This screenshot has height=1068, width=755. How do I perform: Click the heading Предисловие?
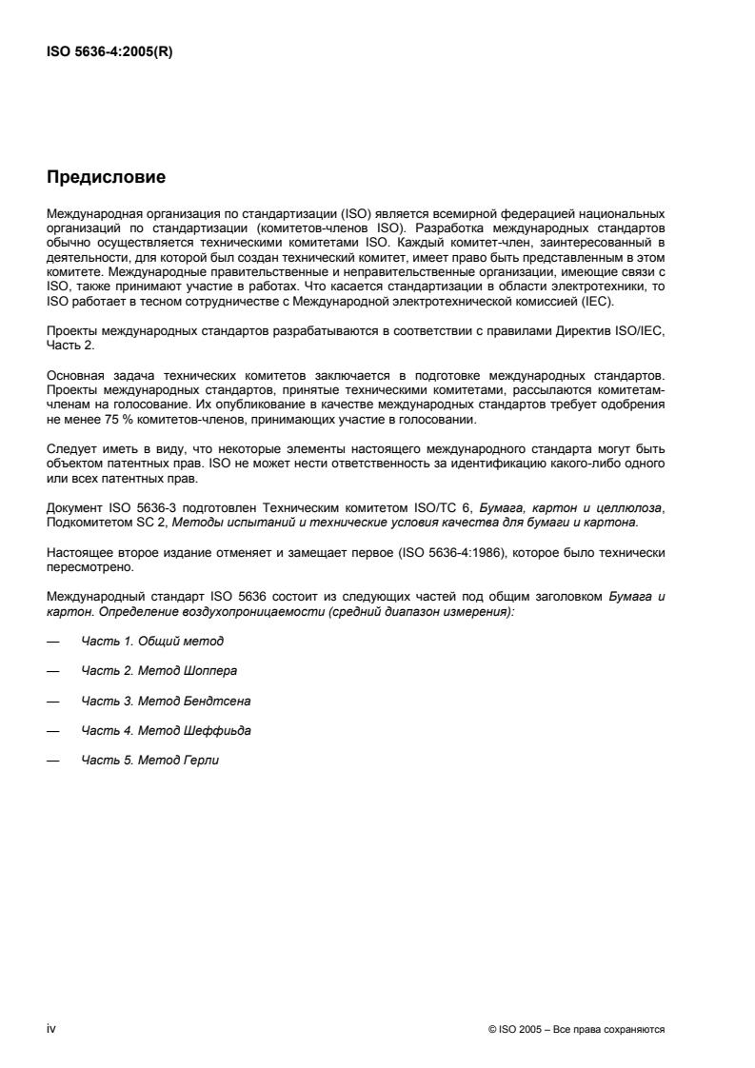(106, 177)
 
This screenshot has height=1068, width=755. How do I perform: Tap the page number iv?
(51, 1029)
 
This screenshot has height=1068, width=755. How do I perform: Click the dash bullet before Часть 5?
(52, 760)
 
